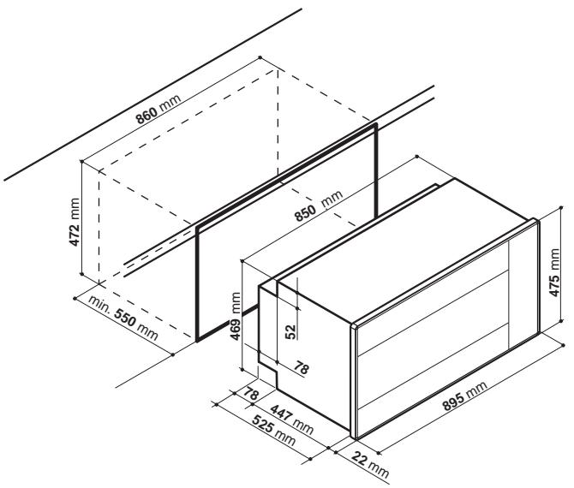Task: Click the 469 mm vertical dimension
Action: (x=236, y=316)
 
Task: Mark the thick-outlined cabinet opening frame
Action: (x=197, y=283)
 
